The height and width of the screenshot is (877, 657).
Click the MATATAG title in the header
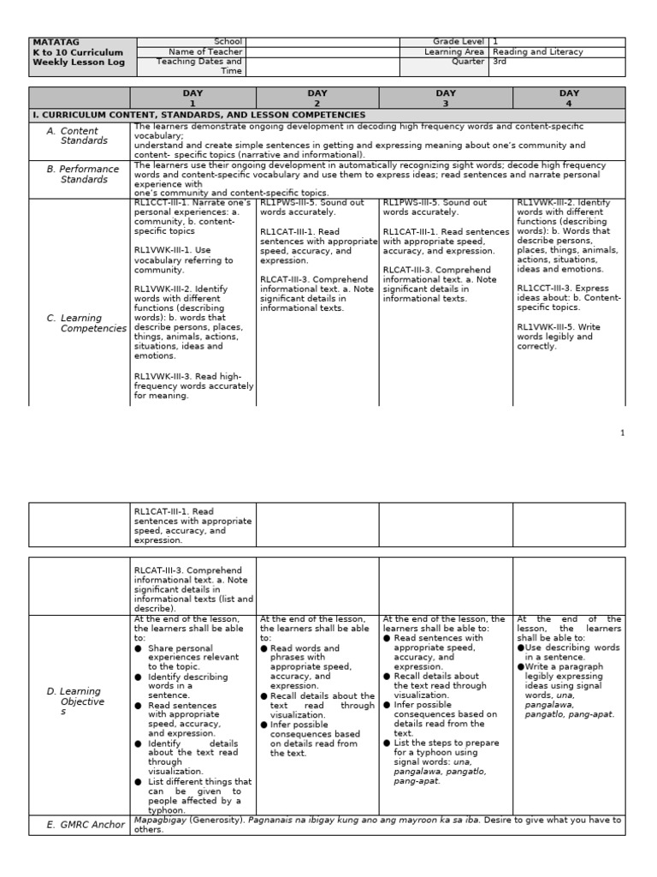[49, 42]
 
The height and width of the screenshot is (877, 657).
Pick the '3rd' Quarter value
[500, 62]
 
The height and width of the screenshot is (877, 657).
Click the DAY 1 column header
[192, 98]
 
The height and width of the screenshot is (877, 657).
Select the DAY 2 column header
[317, 98]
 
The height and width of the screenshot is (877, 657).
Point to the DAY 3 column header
[446, 98]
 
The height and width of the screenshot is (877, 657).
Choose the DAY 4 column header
[569, 98]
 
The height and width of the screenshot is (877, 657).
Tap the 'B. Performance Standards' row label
[82, 174]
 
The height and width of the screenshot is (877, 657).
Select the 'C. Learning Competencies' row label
[86, 323]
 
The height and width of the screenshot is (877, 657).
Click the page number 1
[623, 433]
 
